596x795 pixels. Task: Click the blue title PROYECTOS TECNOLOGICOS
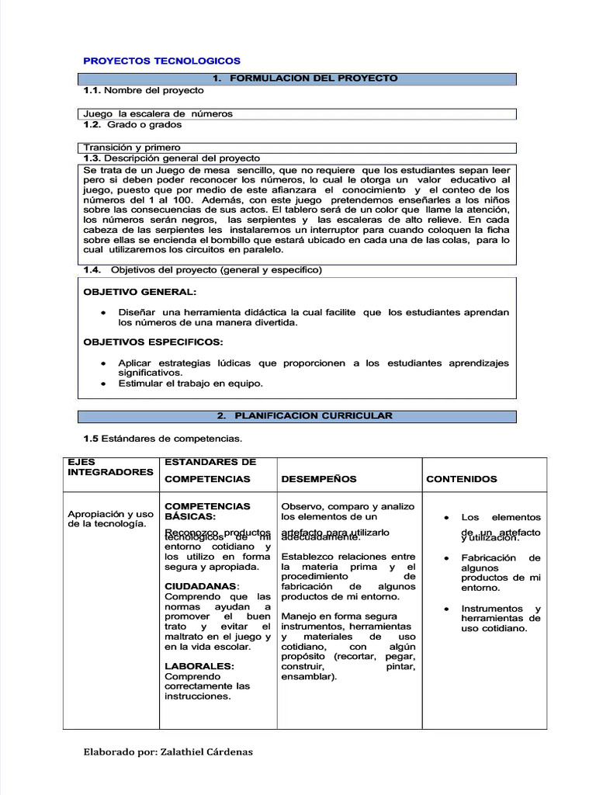pos(161,61)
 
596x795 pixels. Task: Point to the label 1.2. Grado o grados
pos(133,124)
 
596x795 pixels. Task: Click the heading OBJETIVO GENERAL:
pos(140,292)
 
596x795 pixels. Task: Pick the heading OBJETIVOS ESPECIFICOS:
pos(153,342)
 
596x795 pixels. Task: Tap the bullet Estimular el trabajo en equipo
pos(190,383)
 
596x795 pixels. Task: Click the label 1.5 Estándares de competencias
pos(163,439)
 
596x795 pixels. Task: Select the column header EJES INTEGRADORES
pos(110,467)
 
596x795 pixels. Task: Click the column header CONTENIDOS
pos(462,479)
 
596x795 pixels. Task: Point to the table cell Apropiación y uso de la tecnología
pos(110,519)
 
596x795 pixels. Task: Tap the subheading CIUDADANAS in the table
pos(201,586)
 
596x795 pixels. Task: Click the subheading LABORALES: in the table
pos(199,666)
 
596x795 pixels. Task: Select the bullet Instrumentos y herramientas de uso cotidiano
pos(501,618)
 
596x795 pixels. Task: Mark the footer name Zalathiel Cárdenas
pos(206,752)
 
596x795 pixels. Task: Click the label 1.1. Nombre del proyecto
pos(144,91)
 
